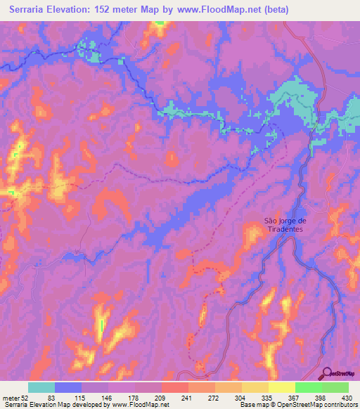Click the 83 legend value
coord(51,397)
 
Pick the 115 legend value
coord(81,397)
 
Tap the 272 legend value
coord(214,397)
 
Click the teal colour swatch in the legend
coord(41,387)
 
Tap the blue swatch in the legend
coord(68,387)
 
